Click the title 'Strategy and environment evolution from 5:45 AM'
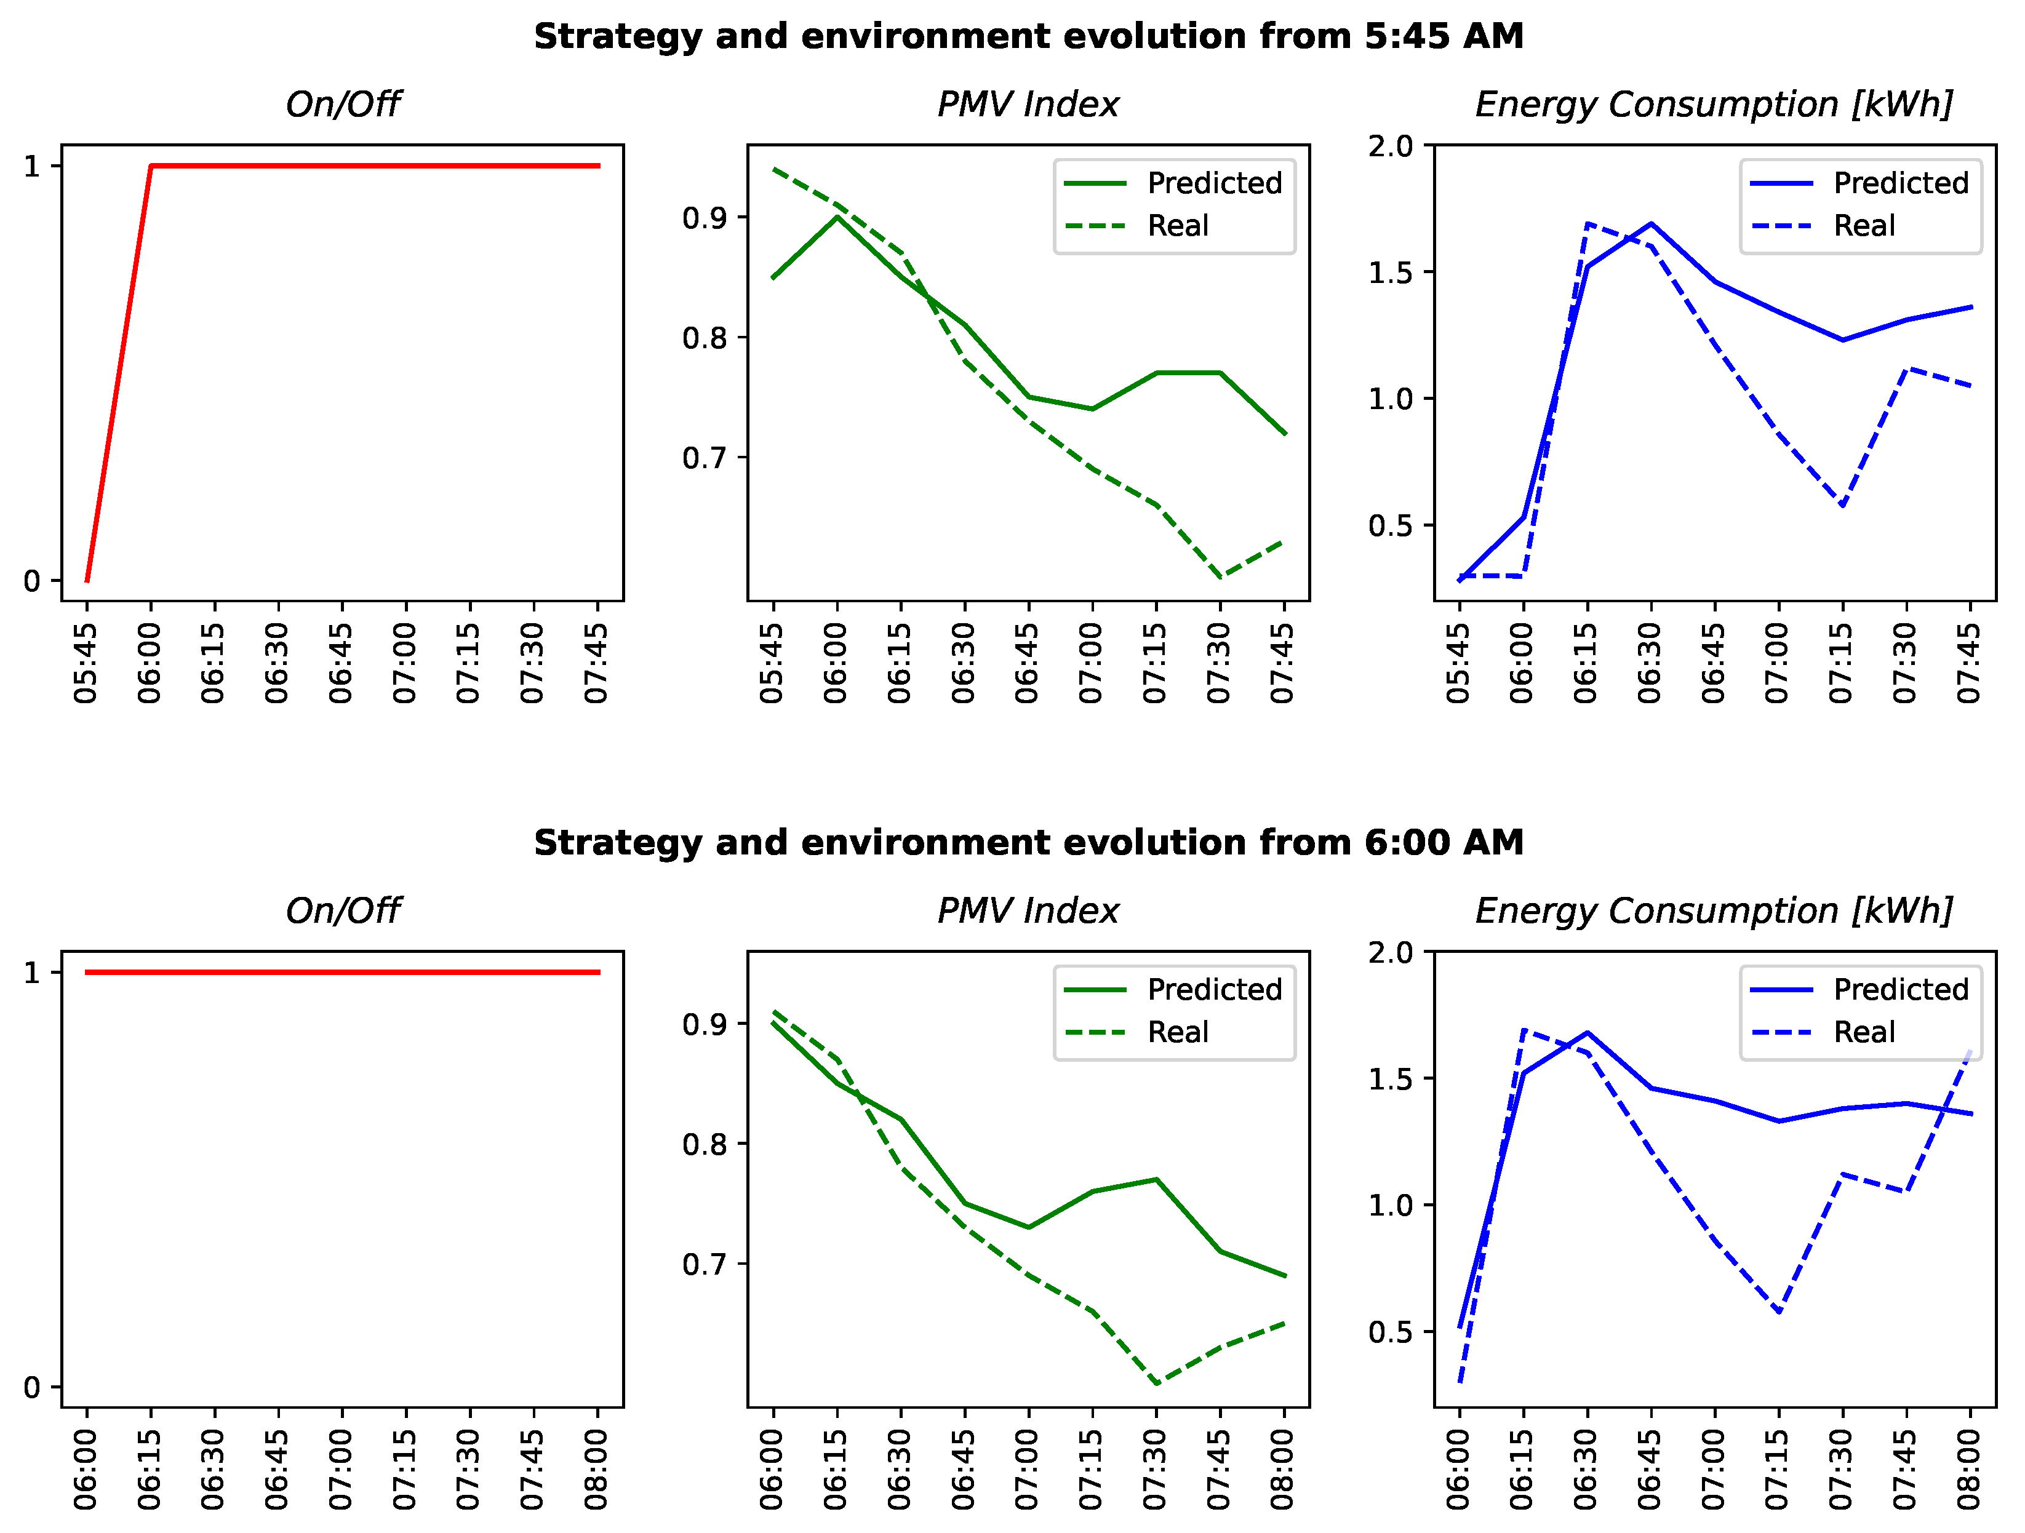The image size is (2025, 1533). coord(1028,37)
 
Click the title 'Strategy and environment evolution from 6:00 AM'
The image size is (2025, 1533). coord(1028,842)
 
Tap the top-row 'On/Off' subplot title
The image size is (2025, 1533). coord(342,105)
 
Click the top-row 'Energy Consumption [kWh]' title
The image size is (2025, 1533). coord(1714,105)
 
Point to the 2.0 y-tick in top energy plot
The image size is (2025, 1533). coord(1389,146)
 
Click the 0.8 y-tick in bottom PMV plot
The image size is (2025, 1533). coord(704,1144)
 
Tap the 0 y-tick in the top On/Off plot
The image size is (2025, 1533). coord(32,581)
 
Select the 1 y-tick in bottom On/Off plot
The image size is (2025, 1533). coord(32,972)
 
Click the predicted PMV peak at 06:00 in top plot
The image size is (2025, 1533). coord(837,217)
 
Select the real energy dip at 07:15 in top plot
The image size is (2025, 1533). coord(1842,505)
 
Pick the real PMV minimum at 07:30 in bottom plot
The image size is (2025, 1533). coord(1156,1384)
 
